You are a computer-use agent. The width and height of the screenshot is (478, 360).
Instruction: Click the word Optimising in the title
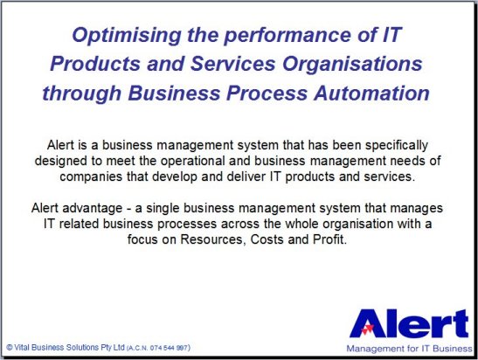[x=127, y=36]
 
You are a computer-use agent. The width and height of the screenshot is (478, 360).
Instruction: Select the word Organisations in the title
[x=352, y=65]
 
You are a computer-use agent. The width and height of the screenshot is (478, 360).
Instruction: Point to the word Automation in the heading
[x=372, y=93]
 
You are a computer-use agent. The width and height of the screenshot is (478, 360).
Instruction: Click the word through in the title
[x=81, y=93]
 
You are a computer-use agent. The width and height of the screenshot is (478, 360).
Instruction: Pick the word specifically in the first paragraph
[x=397, y=146]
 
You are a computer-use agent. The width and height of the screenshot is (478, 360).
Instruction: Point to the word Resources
[x=213, y=240]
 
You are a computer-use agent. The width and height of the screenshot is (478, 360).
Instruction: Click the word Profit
[x=330, y=239]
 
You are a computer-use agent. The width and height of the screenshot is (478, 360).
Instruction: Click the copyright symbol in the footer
[x=10, y=348]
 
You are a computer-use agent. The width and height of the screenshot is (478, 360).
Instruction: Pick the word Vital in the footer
[x=22, y=348]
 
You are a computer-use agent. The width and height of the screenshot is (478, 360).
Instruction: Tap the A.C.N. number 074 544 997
[x=169, y=348]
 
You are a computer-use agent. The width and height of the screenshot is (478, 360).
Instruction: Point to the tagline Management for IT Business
[x=410, y=349]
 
